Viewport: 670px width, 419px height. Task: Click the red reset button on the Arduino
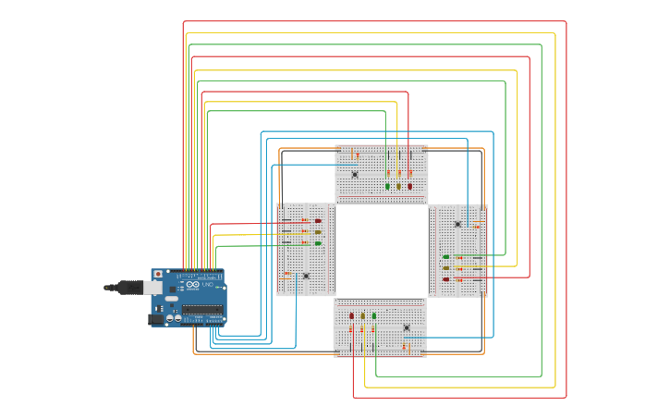pos(158,275)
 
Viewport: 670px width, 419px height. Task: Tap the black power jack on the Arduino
pos(156,319)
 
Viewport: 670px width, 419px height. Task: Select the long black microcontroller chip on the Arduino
pos(201,309)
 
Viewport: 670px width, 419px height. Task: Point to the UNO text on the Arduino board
pos(205,285)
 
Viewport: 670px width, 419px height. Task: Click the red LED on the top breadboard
pos(410,186)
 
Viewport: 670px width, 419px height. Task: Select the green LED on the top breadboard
pos(387,186)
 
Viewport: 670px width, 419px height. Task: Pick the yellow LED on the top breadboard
pos(399,186)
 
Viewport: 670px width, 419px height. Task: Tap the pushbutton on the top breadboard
pos(355,174)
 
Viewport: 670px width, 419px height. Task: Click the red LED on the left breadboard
pos(318,221)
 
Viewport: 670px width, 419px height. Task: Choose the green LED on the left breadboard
pos(318,243)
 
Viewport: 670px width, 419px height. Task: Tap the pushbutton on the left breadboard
pos(306,276)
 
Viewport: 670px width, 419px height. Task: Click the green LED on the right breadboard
pos(445,257)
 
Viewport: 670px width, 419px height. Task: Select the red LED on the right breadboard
pos(445,278)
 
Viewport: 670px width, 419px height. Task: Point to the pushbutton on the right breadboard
pos(457,224)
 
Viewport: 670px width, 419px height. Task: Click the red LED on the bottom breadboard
pos(351,315)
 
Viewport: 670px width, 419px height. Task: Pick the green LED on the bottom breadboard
pos(374,315)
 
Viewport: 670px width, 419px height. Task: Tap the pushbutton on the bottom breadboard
pos(407,327)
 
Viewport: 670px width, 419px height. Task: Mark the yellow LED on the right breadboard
pos(445,268)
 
